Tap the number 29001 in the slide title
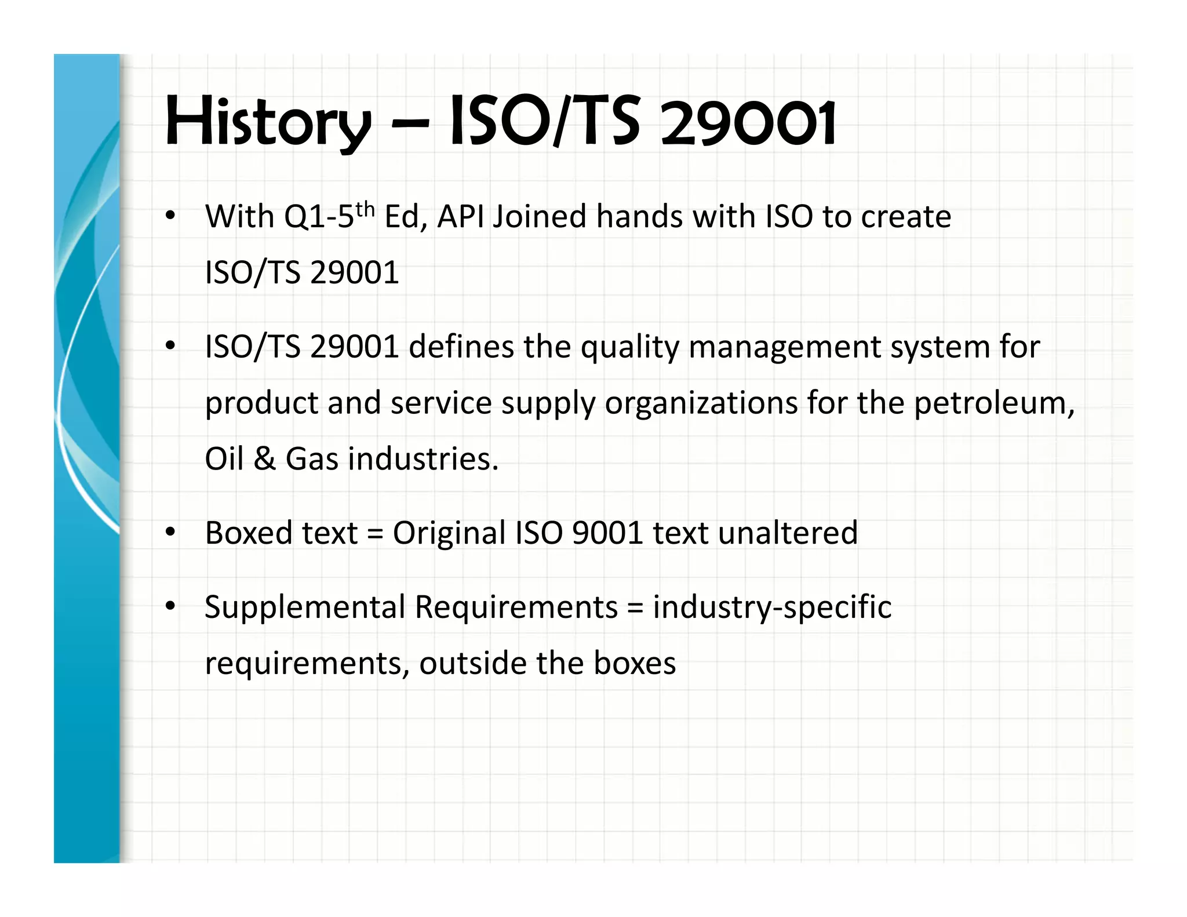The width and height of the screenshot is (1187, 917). coord(748,123)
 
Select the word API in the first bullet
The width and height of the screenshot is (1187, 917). coord(461,217)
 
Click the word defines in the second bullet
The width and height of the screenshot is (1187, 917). coord(461,347)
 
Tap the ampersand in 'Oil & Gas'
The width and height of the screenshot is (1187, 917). coord(264,458)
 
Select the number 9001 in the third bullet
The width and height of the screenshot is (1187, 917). coord(607,533)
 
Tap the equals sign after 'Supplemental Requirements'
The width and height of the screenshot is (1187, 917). coord(635,607)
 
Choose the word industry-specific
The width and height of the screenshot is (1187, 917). coord(772,607)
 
